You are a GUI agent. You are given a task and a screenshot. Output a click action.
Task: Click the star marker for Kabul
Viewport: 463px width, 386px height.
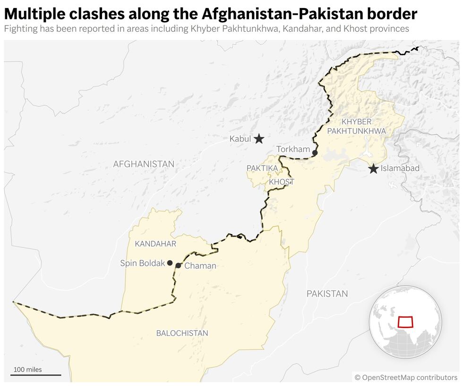click(258, 139)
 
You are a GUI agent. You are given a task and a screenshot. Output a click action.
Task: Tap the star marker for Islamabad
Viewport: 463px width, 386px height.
click(373, 168)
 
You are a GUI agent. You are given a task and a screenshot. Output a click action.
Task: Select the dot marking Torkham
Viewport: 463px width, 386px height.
click(315, 153)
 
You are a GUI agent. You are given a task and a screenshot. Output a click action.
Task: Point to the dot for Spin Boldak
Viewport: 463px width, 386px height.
click(170, 263)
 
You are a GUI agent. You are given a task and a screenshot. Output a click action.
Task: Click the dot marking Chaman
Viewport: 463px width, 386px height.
click(178, 265)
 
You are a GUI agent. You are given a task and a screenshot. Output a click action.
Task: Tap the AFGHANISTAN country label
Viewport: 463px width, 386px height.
click(144, 164)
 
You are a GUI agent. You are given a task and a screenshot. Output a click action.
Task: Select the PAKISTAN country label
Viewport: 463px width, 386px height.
click(327, 294)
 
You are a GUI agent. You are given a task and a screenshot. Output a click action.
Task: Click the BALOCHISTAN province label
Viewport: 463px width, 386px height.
click(182, 333)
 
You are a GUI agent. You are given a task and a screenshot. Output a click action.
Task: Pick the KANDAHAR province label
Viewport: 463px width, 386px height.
click(155, 244)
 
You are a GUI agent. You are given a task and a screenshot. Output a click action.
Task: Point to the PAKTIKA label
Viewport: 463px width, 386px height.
click(262, 168)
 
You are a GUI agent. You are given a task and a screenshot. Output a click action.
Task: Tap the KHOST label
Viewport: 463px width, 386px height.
click(281, 182)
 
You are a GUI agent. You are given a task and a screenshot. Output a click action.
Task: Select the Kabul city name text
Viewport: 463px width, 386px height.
click(240, 139)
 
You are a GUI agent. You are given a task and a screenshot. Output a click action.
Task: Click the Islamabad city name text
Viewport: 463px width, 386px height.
click(400, 168)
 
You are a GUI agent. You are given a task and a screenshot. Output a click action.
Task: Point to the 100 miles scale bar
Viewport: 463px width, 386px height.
click(36, 375)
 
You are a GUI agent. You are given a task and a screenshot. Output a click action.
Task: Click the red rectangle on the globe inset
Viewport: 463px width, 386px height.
click(405, 322)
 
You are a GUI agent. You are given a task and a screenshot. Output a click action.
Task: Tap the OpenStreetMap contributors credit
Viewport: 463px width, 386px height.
click(406, 377)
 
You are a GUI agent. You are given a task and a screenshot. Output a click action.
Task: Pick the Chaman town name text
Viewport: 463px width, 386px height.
click(200, 266)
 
